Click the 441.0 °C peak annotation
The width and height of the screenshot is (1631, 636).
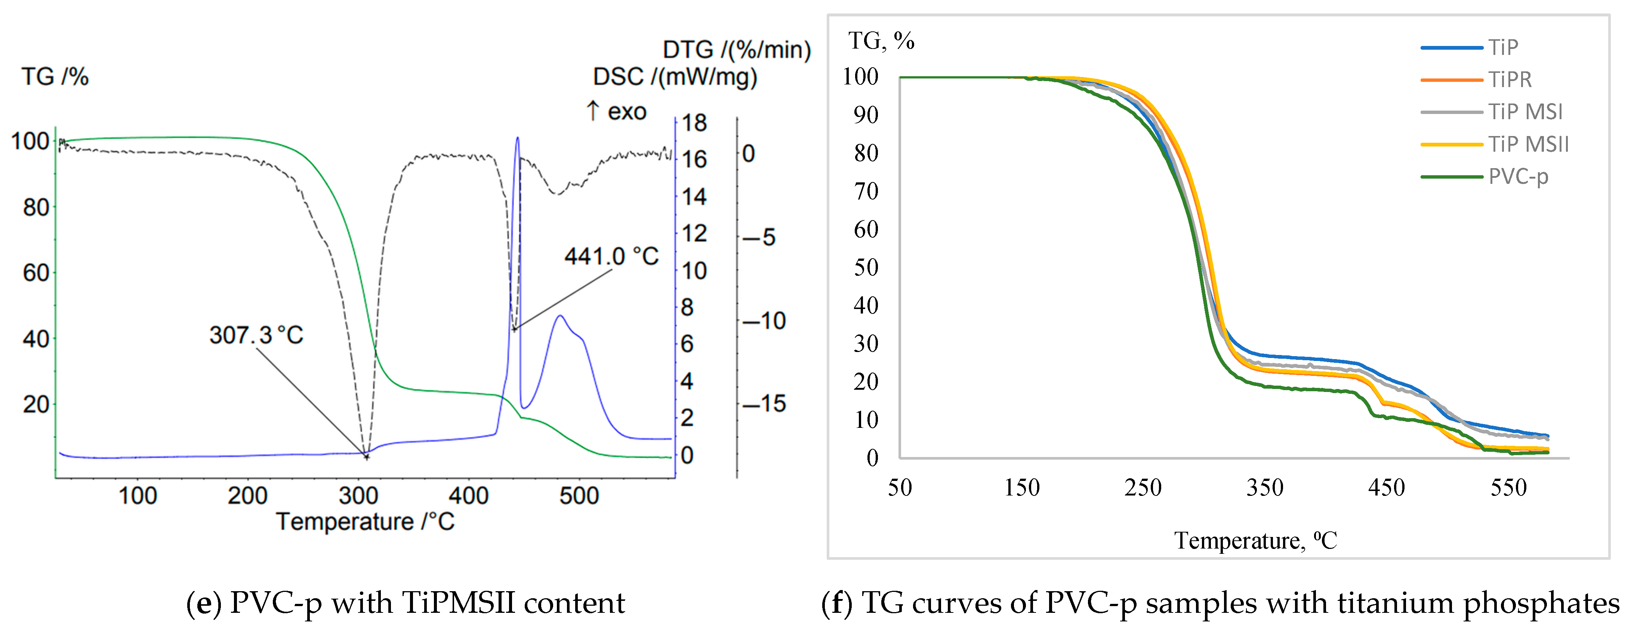(x=611, y=256)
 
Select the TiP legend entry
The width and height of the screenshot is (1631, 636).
(x=1502, y=47)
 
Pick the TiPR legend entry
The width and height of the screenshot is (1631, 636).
(x=1510, y=80)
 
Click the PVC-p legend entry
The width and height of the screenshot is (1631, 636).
(x=1518, y=176)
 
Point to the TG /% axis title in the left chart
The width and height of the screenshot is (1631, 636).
(x=55, y=77)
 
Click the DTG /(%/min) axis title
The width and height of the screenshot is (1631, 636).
(x=736, y=49)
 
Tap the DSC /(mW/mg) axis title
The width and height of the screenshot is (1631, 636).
(x=675, y=77)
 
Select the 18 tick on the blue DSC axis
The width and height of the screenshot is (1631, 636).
(x=694, y=123)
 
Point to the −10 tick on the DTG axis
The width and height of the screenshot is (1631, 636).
(x=764, y=321)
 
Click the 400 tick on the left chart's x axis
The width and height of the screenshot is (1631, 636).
(x=469, y=495)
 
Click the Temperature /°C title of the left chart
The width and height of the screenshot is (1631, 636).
(x=365, y=522)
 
